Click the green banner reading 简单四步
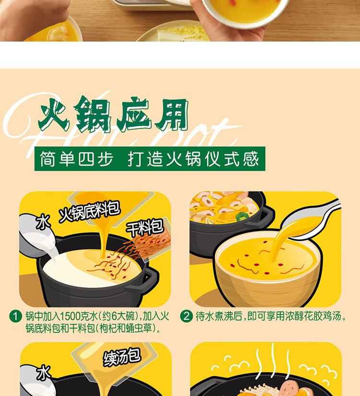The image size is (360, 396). pyautogui.click(x=149, y=159)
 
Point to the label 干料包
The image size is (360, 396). pyautogui.click(x=144, y=227)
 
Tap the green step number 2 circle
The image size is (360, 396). pyautogui.click(x=186, y=316)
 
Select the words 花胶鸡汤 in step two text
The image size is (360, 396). pyautogui.click(x=326, y=316)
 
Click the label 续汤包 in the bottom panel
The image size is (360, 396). pyautogui.click(x=122, y=357)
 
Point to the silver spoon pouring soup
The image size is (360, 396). pyautogui.click(x=307, y=218)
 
